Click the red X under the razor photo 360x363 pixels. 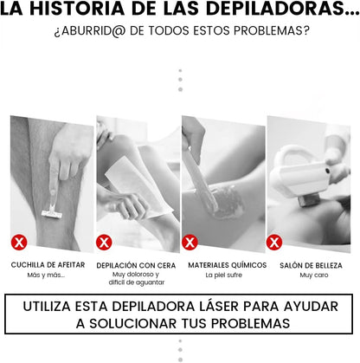19,241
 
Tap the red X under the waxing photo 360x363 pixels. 105,241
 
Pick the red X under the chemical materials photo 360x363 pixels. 190,241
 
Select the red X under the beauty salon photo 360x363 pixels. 274,241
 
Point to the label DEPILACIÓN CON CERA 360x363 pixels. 135,264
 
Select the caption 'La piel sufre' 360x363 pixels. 222,275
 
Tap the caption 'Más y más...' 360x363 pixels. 45,275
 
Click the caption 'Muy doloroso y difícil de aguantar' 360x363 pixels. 135,278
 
